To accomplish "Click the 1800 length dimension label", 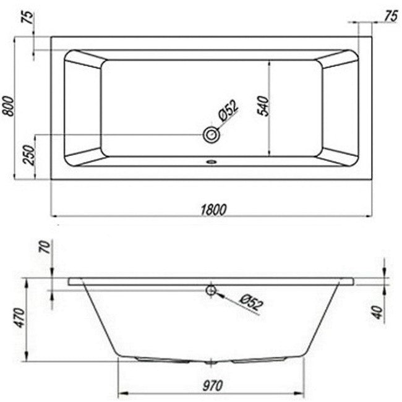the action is click(213, 210).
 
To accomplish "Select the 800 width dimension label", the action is click(7, 106).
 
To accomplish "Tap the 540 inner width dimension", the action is click(263, 106).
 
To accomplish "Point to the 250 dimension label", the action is click(28, 155).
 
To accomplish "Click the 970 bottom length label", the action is click(213, 385).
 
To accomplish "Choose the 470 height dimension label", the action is click(20, 318).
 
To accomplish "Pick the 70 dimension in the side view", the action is click(46, 247).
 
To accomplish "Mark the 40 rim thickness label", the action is click(378, 312).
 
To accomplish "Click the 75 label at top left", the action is click(28, 17).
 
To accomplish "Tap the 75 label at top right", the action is click(391, 17).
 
